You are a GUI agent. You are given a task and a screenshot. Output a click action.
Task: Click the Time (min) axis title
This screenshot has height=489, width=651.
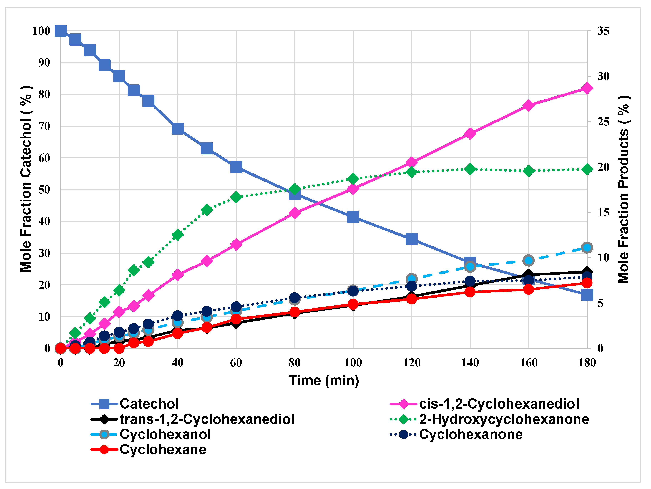324,380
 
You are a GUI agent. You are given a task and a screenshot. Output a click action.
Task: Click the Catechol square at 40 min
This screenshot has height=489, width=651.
177,128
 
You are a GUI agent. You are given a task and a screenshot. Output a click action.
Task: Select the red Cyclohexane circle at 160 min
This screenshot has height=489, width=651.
529,289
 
